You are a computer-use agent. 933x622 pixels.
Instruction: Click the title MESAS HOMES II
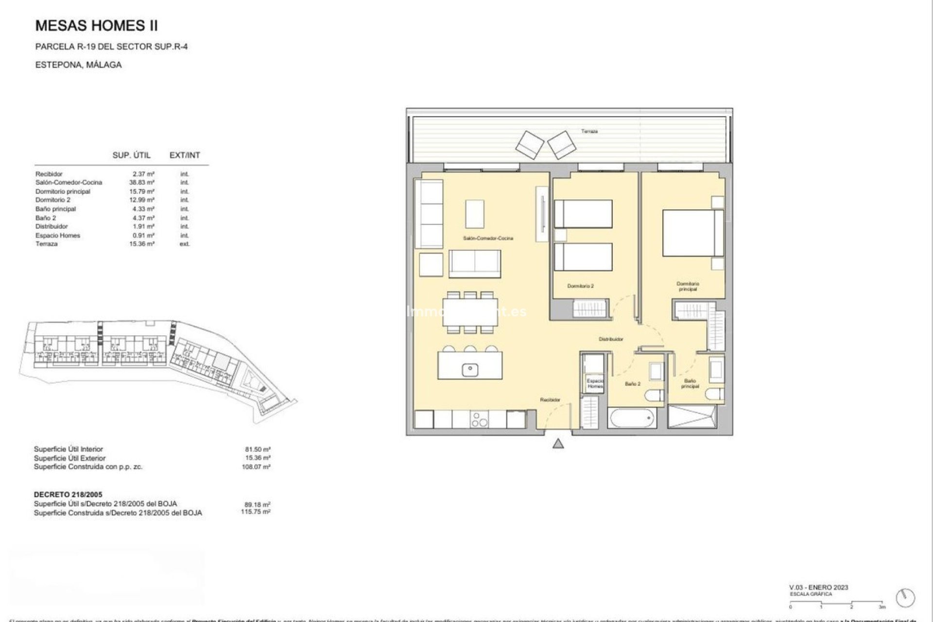pos(97,26)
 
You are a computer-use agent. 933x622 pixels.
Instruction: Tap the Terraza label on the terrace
pos(589,131)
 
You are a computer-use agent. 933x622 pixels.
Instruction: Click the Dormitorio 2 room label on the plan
pos(580,286)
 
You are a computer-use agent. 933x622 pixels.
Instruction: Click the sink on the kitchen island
pos(470,370)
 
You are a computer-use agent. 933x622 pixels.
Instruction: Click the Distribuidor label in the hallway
pos(610,339)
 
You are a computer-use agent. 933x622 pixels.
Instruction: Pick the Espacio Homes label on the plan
pos(595,383)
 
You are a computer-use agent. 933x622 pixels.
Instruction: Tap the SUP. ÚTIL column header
pos(131,155)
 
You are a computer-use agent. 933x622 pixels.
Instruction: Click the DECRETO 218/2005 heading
pos(68,495)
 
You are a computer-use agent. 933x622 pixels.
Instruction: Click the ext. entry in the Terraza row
pos(185,244)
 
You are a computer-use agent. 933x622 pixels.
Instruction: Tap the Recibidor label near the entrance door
pos(550,400)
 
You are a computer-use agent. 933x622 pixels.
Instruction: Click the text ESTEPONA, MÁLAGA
pos(78,65)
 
